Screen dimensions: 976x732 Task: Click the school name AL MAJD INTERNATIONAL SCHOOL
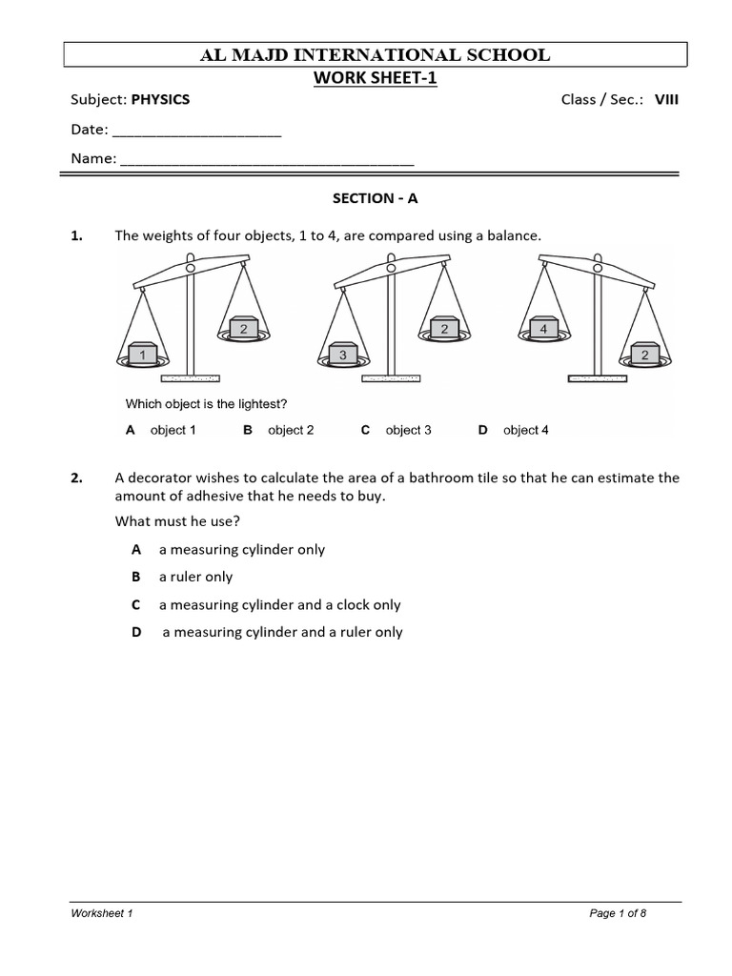375,54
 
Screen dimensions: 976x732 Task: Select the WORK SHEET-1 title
375,78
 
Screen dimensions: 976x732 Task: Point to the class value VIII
666,100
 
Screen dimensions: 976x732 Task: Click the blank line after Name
267,159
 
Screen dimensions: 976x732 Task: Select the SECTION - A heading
375,198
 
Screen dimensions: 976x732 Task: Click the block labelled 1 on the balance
142,355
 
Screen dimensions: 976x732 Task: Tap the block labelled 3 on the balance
343,355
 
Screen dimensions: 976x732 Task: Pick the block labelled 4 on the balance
542,328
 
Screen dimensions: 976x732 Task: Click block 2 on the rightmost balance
644,355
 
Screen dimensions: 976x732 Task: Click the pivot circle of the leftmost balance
191,269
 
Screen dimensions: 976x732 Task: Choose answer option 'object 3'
408,430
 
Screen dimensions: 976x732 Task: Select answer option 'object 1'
173,430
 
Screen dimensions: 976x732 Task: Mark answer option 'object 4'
525,430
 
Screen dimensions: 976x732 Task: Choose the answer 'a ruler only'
195,577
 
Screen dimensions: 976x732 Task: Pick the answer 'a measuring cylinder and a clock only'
279,604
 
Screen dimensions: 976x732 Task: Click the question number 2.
77,478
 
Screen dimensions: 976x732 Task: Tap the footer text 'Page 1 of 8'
618,913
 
